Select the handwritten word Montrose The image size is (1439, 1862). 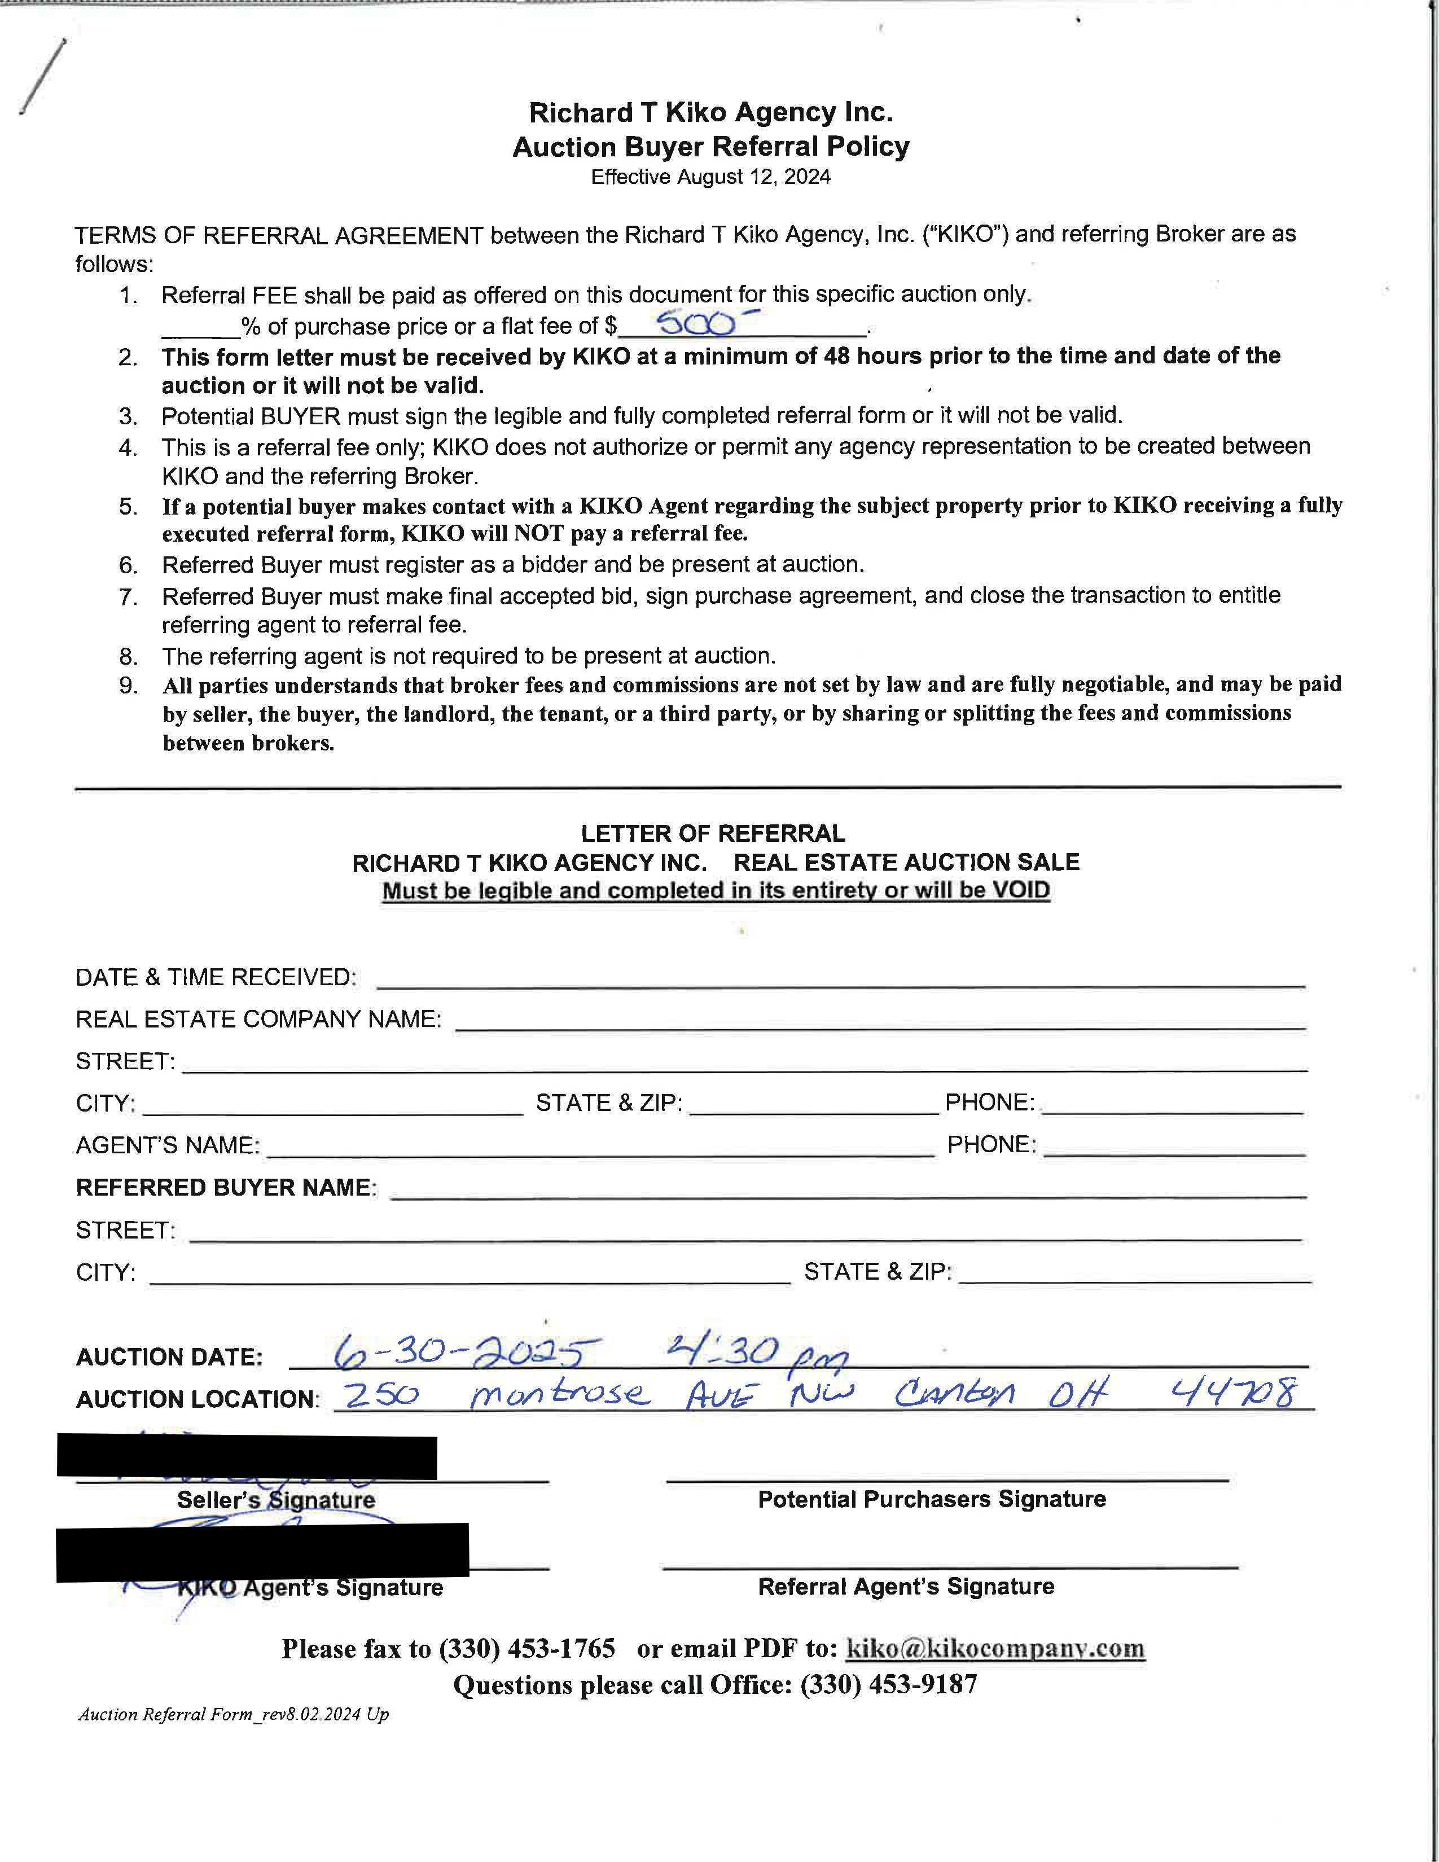pos(559,1393)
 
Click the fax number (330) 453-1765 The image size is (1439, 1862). pos(527,1648)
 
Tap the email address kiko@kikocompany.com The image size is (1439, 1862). pos(995,1648)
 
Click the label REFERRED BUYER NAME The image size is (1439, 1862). pos(226,1188)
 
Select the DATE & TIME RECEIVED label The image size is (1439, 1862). pos(216,977)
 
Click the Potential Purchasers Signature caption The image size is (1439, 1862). pos(932,1500)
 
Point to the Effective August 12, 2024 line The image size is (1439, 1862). pos(711,177)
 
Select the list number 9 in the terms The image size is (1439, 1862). pos(128,686)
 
